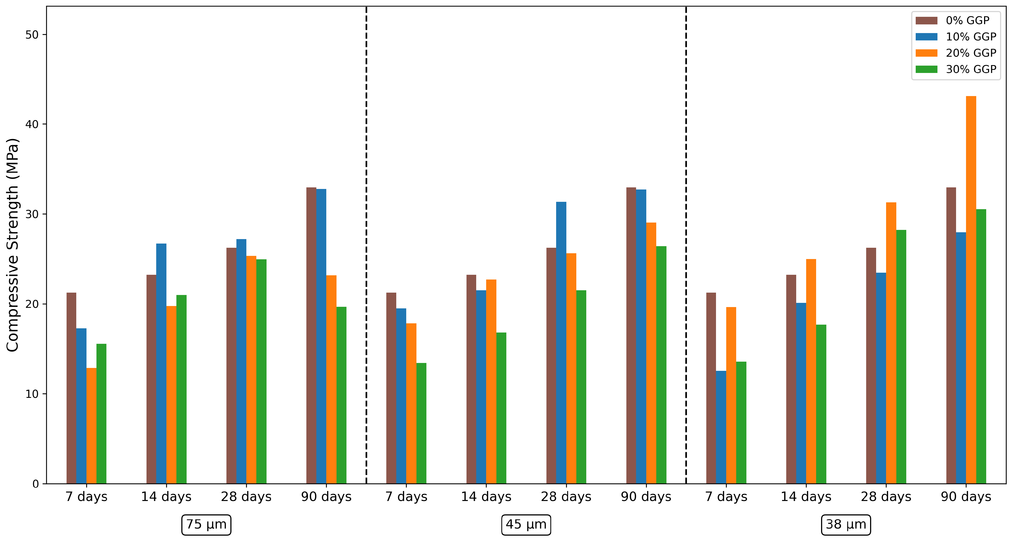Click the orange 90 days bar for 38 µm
pyautogui.click(x=971, y=290)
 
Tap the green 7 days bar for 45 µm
pyautogui.click(x=421, y=424)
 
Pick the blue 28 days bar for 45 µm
pyautogui.click(x=561, y=343)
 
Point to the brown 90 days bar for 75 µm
pyautogui.click(x=311, y=336)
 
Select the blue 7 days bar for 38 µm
pyautogui.click(x=721, y=428)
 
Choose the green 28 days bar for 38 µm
pyautogui.click(x=901, y=357)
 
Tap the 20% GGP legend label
pyautogui.click(x=971, y=53)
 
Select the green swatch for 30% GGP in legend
pyautogui.click(x=926, y=69)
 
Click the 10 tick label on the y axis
pyautogui.click(x=32, y=394)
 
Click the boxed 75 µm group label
pyautogui.click(x=207, y=525)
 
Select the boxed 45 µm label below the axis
pyautogui.click(x=526, y=525)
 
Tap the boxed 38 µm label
pyautogui.click(x=846, y=525)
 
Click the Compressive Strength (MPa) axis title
pyautogui.click(x=13, y=245)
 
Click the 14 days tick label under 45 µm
pyautogui.click(x=486, y=497)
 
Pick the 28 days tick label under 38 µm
pyautogui.click(x=886, y=497)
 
